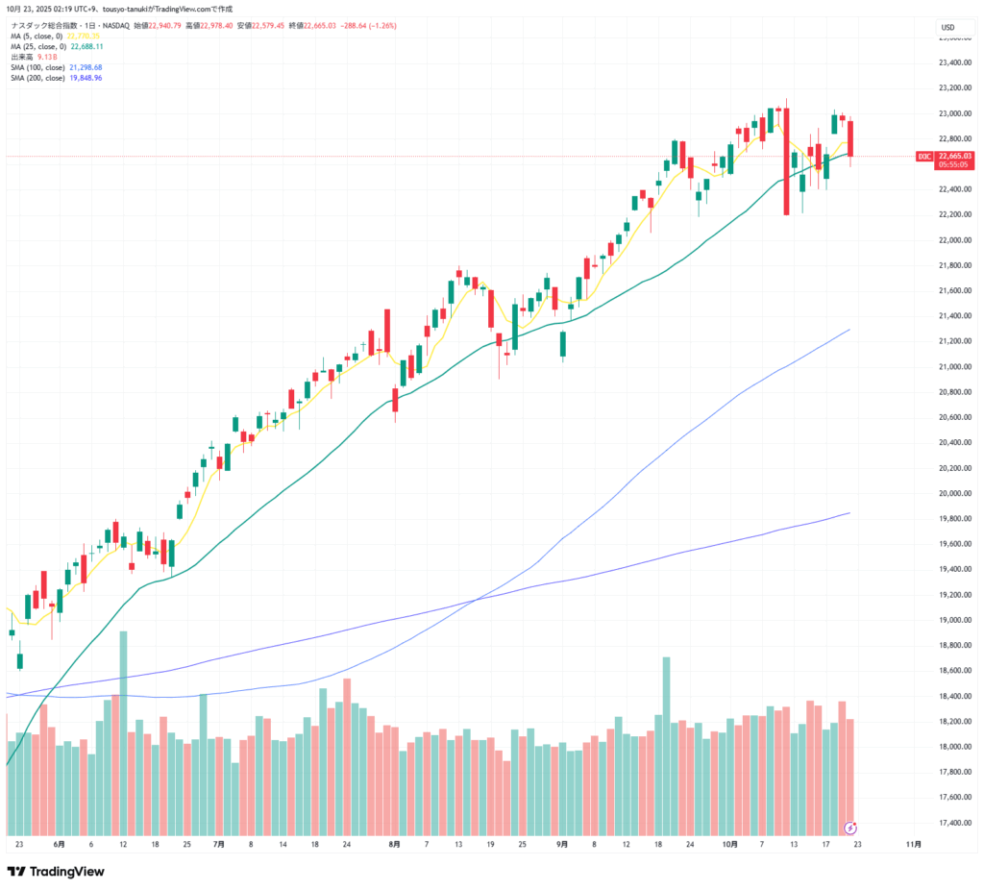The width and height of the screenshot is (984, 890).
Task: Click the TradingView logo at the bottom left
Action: (x=56, y=871)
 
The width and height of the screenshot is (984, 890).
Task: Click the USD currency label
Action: (x=947, y=27)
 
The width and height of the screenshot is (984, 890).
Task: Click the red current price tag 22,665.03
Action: (x=954, y=155)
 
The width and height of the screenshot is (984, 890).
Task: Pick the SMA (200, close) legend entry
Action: (x=56, y=78)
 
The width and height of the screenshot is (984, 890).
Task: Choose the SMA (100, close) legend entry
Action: (x=56, y=67)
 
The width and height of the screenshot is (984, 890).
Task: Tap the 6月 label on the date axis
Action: (x=60, y=844)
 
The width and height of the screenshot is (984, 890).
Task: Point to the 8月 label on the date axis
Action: (x=395, y=844)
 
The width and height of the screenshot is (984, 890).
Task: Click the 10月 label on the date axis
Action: (x=730, y=844)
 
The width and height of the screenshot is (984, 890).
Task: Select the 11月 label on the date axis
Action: (x=914, y=844)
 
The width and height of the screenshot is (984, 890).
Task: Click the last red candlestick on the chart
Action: (x=851, y=138)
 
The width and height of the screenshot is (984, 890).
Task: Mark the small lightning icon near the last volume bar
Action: (x=850, y=827)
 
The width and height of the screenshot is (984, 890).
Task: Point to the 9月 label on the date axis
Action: (x=562, y=844)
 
